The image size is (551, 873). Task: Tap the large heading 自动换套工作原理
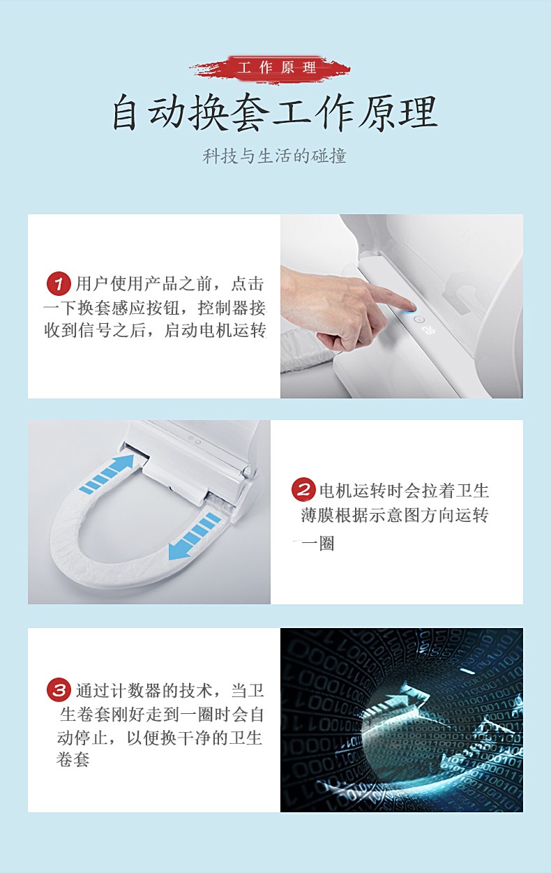tap(275, 112)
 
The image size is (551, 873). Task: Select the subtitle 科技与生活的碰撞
tap(274, 156)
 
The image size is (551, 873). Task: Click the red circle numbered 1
tap(59, 283)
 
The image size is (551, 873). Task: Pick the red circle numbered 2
tap(303, 489)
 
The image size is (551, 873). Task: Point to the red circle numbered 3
tap(59, 690)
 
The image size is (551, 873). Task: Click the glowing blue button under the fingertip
tap(412, 308)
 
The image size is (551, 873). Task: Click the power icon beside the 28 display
tap(419, 320)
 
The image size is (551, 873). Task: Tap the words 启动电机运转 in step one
tap(215, 331)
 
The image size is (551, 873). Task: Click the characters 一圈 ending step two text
tap(317, 543)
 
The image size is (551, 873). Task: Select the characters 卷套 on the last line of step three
tap(73, 759)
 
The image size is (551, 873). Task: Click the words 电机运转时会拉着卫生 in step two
tap(404, 491)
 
